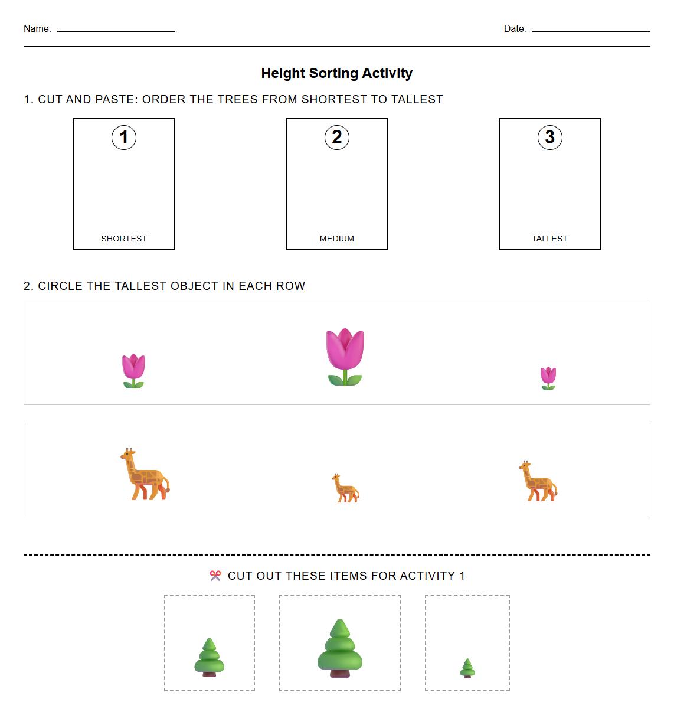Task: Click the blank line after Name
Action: tap(116, 30)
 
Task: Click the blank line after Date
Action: tap(591, 30)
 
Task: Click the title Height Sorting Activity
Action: tap(336, 73)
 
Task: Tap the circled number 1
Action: tap(124, 138)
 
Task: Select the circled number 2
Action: tap(337, 138)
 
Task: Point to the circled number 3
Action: tap(550, 138)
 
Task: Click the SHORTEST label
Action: tap(124, 239)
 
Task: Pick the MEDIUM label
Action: tap(337, 239)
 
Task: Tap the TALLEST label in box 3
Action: tap(549, 239)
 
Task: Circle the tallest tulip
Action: tap(345, 357)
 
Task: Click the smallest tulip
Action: tap(548, 378)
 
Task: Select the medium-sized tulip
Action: tap(133, 371)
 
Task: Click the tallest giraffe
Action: tap(145, 474)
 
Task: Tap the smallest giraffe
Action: tap(345, 488)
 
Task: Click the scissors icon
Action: tap(215, 576)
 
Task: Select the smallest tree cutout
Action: tap(467, 668)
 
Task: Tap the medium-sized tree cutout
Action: tap(210, 658)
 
